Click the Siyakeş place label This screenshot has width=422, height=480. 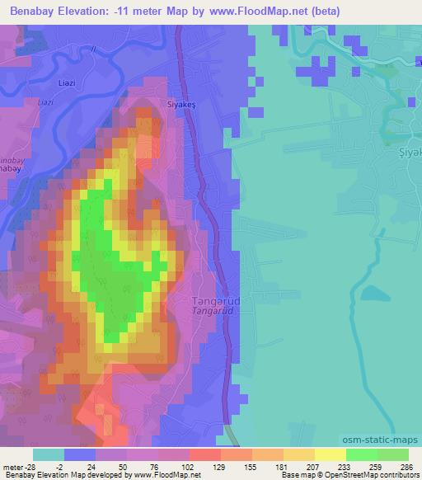[x=159, y=93]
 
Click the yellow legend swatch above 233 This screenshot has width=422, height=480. [x=330, y=454]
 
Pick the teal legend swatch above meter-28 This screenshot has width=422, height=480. [x=49, y=454]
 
